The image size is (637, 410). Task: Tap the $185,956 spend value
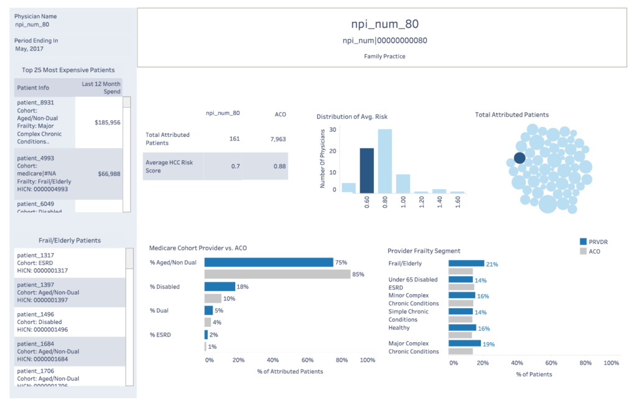(x=108, y=123)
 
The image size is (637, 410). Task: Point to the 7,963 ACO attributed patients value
(x=277, y=138)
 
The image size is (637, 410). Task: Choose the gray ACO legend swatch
(x=583, y=251)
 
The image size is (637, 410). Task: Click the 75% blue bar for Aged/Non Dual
(x=269, y=263)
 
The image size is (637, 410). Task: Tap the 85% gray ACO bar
(x=277, y=274)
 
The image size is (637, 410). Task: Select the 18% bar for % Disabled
(x=220, y=287)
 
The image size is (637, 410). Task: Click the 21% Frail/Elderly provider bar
(x=466, y=264)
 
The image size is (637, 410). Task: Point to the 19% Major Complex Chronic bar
(x=464, y=343)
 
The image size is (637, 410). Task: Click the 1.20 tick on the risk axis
(x=422, y=204)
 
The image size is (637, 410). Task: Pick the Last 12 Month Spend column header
(x=101, y=87)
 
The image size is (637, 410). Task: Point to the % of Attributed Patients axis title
(x=289, y=371)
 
